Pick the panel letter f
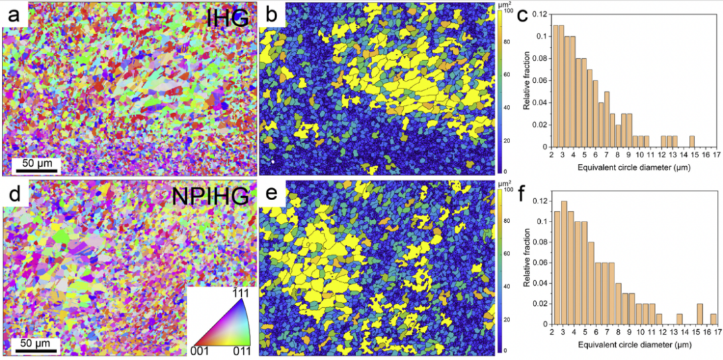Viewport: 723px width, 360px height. click(x=526, y=194)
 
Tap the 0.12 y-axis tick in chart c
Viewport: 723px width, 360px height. click(x=541, y=13)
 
